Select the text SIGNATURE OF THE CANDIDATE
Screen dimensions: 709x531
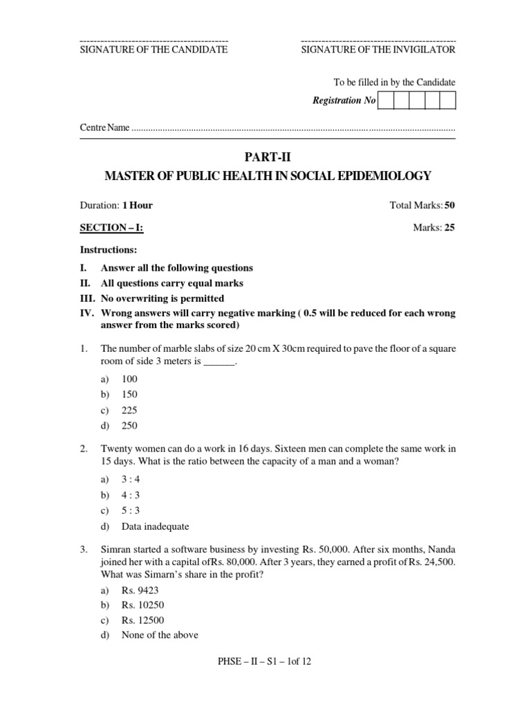(154, 50)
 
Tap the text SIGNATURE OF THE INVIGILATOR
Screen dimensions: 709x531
(378, 50)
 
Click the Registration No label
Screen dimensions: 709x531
(344, 101)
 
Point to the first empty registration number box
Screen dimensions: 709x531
(385, 101)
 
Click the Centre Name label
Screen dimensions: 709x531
(104, 129)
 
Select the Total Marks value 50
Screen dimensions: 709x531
(449, 206)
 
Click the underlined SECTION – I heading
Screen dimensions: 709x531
(111, 228)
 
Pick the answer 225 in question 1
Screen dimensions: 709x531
(130, 410)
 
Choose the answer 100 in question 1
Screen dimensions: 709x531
(130, 379)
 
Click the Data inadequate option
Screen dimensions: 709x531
(155, 527)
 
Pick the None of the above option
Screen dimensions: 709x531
(160, 636)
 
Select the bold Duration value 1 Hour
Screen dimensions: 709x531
(138, 206)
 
